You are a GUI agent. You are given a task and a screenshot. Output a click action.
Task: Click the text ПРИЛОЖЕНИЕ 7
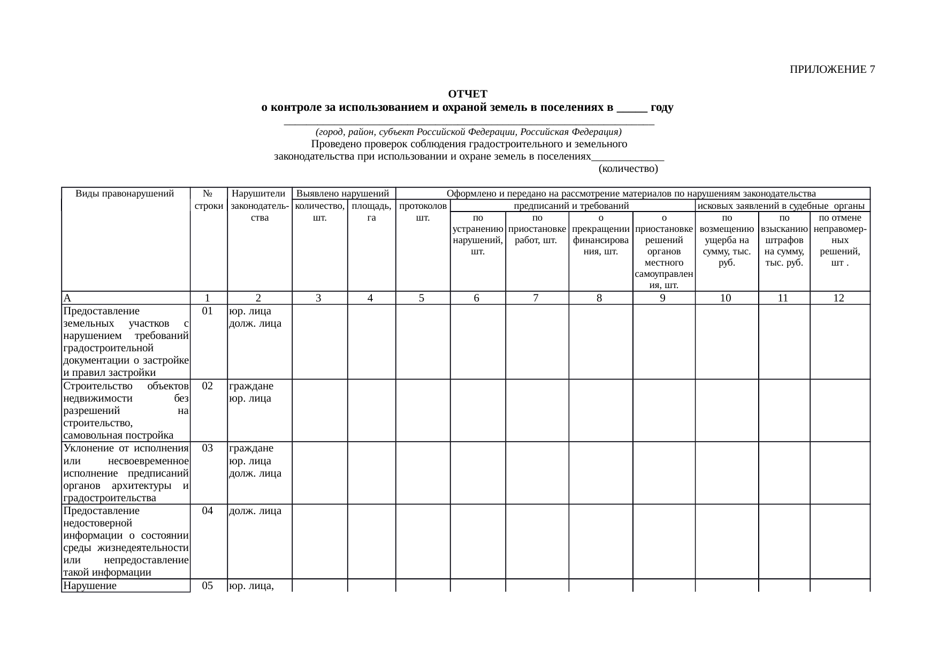(x=832, y=70)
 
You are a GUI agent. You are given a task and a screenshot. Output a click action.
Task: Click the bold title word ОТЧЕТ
(x=467, y=95)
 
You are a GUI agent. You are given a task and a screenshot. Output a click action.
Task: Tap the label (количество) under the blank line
(x=628, y=169)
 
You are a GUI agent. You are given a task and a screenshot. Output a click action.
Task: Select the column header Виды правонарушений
(x=125, y=193)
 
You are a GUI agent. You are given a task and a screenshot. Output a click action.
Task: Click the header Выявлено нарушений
(x=342, y=193)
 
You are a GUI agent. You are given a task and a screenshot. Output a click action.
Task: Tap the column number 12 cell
(x=838, y=298)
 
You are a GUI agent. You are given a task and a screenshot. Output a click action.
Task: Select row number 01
(x=208, y=311)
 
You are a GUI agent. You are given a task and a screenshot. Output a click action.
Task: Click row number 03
(x=208, y=448)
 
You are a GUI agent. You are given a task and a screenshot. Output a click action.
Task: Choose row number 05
(x=208, y=586)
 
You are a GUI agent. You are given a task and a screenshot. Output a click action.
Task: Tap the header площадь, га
(x=371, y=212)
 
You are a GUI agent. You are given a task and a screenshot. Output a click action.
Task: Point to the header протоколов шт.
(x=423, y=212)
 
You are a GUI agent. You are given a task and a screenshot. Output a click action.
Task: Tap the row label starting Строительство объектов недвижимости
(x=125, y=410)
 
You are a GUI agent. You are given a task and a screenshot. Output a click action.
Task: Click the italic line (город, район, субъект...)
(x=468, y=132)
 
